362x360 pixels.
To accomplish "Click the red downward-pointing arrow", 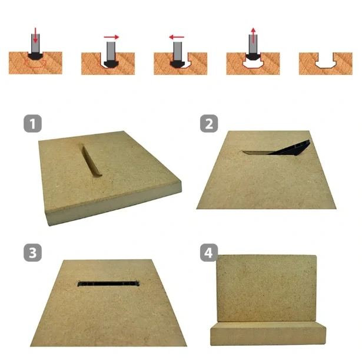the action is click(x=35, y=35).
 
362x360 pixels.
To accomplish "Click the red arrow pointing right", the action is click(x=111, y=37).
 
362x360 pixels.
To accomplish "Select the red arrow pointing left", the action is click(x=177, y=37).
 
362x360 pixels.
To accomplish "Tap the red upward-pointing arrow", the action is click(x=253, y=35).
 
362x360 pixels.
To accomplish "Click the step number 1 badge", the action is click(x=32, y=123).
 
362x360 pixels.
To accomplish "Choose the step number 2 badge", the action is click(x=209, y=123).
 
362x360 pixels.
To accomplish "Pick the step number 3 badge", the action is click(x=32, y=253).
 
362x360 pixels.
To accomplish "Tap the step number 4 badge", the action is click(x=209, y=253).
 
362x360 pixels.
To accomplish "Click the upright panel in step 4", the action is click(x=267, y=288).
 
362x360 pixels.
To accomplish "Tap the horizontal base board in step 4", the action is click(x=268, y=333).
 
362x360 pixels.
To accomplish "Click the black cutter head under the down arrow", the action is click(x=35, y=56).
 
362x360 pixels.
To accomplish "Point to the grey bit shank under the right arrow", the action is click(x=111, y=51).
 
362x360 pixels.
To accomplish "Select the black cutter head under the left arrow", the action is click(x=178, y=64).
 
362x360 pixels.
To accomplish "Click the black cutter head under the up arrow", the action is click(x=253, y=57).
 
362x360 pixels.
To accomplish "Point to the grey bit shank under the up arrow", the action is click(x=253, y=44).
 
